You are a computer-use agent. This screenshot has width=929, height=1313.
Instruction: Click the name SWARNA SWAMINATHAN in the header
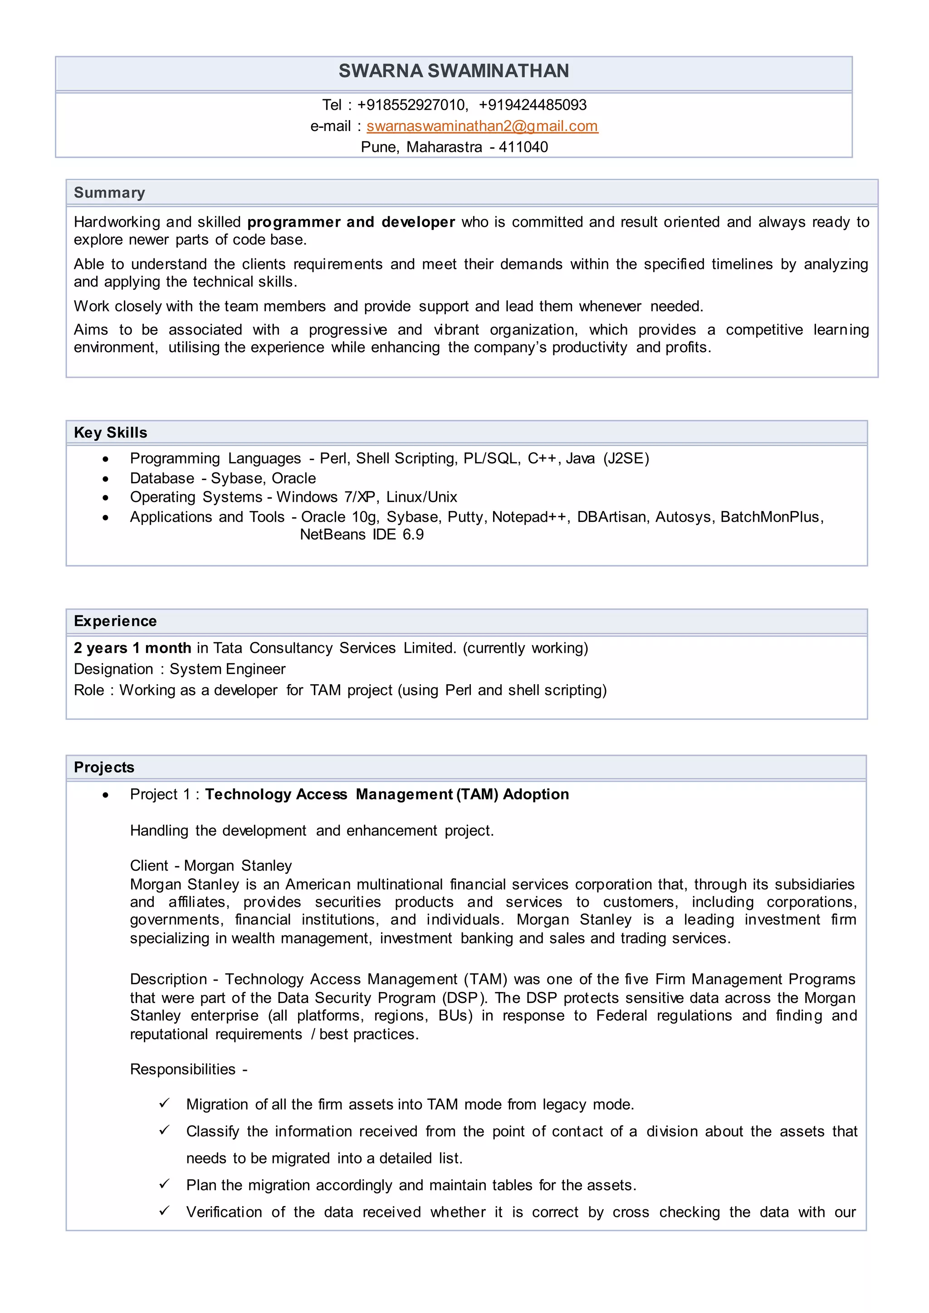coord(454,71)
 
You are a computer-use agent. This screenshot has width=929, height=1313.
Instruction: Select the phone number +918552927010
coord(411,105)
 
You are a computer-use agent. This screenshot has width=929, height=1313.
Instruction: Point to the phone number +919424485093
coord(533,105)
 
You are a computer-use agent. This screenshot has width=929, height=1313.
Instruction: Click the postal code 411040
coord(523,147)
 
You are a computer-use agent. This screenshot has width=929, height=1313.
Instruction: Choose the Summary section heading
coord(109,193)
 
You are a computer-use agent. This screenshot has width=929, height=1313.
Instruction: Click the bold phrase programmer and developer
coord(351,222)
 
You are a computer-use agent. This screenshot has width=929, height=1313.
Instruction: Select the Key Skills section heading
coord(110,433)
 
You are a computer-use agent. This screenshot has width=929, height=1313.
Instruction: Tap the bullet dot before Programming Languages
coord(105,459)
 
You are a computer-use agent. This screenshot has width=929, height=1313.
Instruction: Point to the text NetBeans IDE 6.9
coord(362,535)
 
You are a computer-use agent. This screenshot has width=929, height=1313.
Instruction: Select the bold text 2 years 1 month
coord(132,648)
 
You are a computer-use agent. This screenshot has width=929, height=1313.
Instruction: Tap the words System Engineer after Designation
coord(227,669)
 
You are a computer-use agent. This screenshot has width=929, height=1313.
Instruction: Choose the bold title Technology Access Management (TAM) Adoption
coord(386,794)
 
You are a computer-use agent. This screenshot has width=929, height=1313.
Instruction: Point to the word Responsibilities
coord(182,1070)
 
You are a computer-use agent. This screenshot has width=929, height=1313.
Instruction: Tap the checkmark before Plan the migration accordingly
coord(164,1184)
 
